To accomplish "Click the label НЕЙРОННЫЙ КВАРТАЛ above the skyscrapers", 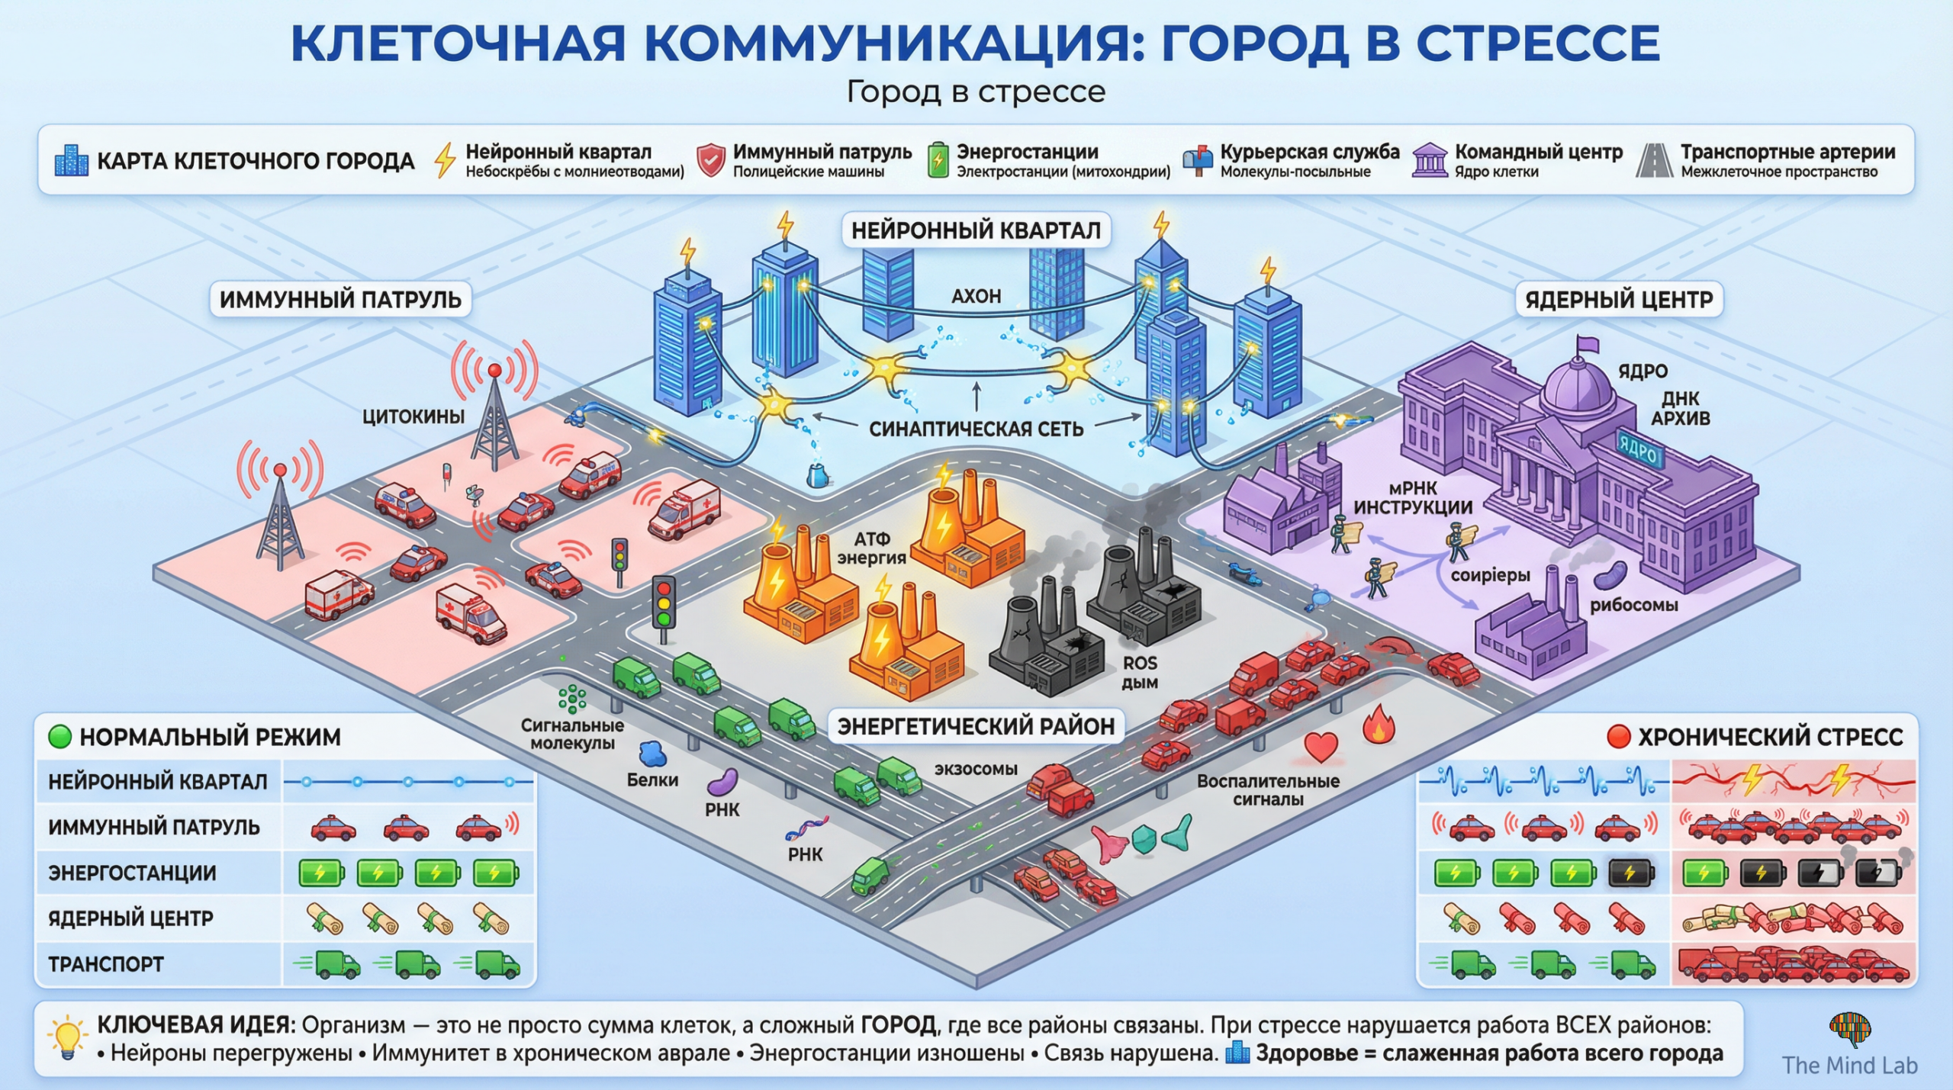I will [x=976, y=230].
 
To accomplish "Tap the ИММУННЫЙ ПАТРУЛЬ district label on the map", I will [x=340, y=300].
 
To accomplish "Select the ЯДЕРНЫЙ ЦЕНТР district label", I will [x=1619, y=300].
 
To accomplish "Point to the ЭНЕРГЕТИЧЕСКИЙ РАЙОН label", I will [x=976, y=726].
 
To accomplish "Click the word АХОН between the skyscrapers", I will [x=976, y=296].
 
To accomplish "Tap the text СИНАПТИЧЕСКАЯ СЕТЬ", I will [x=976, y=429].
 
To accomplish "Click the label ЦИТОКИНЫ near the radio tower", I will [x=413, y=416].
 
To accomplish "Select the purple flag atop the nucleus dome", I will [x=1588, y=345].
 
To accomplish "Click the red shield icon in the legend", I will [x=710, y=161].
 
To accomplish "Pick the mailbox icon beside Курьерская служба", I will [x=1197, y=160].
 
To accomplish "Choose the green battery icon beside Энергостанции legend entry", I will [x=938, y=160].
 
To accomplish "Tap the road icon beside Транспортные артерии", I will [x=1654, y=161].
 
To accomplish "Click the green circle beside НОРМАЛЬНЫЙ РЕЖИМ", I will [x=60, y=737].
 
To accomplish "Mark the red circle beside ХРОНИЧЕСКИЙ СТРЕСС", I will [x=1618, y=737].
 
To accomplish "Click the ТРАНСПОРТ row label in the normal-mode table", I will [x=106, y=964].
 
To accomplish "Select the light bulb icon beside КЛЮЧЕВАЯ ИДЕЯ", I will [x=67, y=1037].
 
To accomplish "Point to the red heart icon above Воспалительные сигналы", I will [x=1321, y=747].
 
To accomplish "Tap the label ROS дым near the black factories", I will [x=1140, y=673].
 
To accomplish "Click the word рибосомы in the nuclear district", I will [x=1633, y=606].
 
